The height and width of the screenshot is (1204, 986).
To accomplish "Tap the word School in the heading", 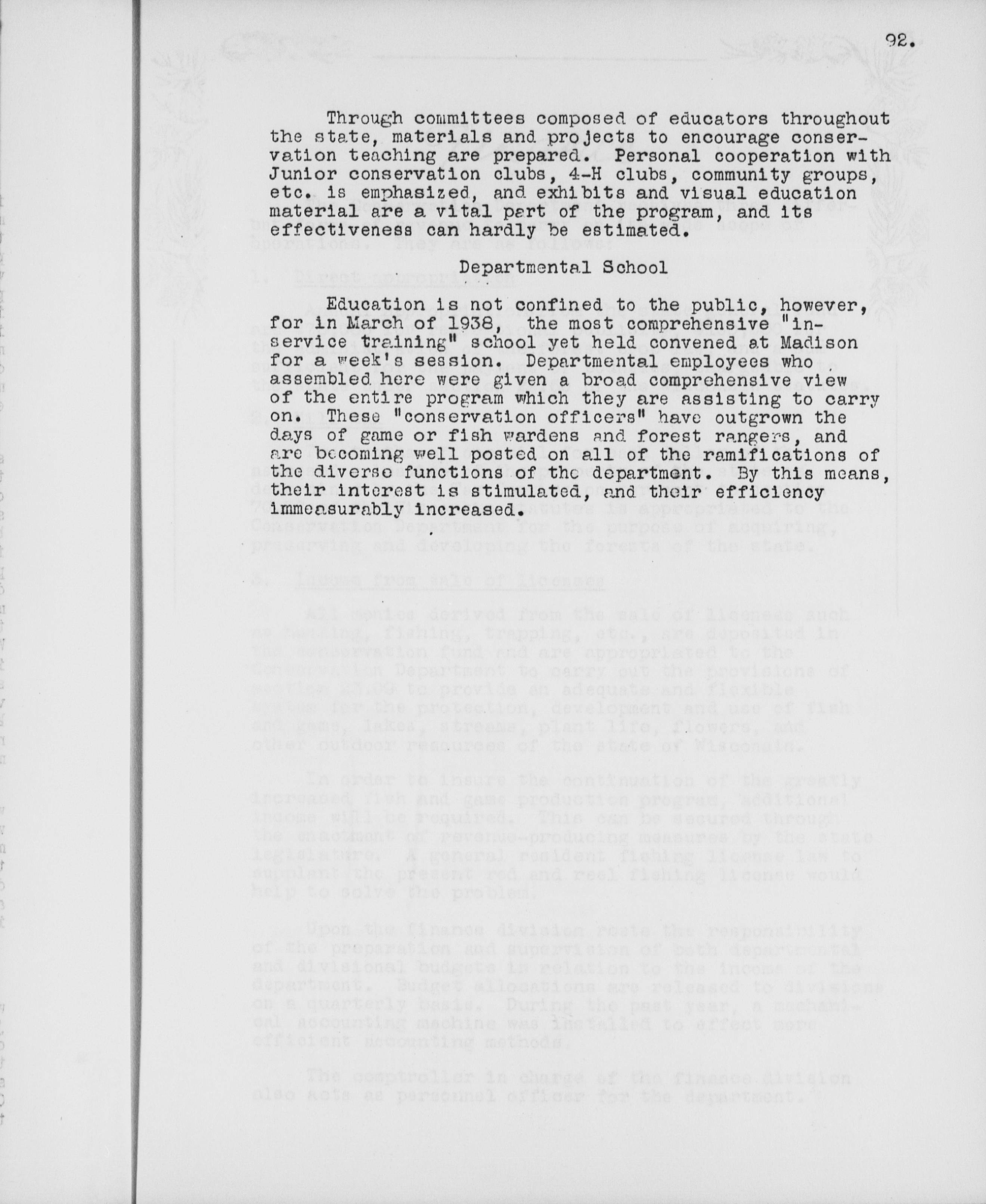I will point(638,267).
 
